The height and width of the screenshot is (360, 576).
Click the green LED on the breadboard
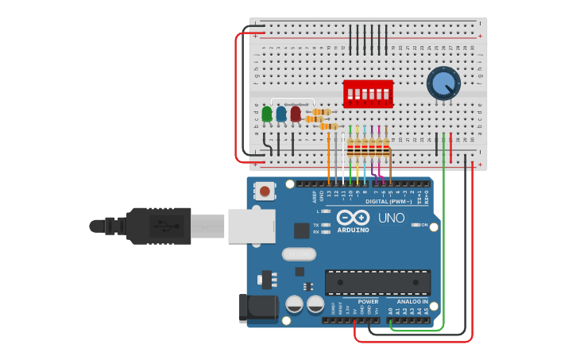click(x=267, y=114)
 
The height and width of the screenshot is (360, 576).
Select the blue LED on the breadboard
click(x=281, y=114)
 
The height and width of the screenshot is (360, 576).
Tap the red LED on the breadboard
click(x=296, y=114)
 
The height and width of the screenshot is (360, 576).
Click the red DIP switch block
click(x=367, y=93)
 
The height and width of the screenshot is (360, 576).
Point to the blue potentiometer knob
click(x=443, y=83)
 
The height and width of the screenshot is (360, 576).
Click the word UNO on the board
click(x=392, y=218)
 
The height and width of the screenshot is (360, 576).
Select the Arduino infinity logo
click(x=353, y=218)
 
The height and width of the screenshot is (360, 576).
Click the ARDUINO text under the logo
click(x=353, y=230)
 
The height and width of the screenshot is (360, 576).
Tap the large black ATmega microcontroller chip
click(x=377, y=282)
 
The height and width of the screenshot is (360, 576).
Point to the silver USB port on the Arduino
click(x=251, y=226)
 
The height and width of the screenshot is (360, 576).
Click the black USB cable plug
click(x=159, y=226)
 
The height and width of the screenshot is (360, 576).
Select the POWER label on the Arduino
click(x=368, y=302)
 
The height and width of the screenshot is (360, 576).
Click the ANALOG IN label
click(x=412, y=302)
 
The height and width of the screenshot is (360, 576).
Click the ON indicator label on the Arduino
click(x=424, y=225)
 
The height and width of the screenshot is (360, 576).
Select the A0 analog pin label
click(x=390, y=311)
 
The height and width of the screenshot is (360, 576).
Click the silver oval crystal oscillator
click(x=299, y=255)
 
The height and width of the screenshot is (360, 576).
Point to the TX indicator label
click(x=316, y=225)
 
